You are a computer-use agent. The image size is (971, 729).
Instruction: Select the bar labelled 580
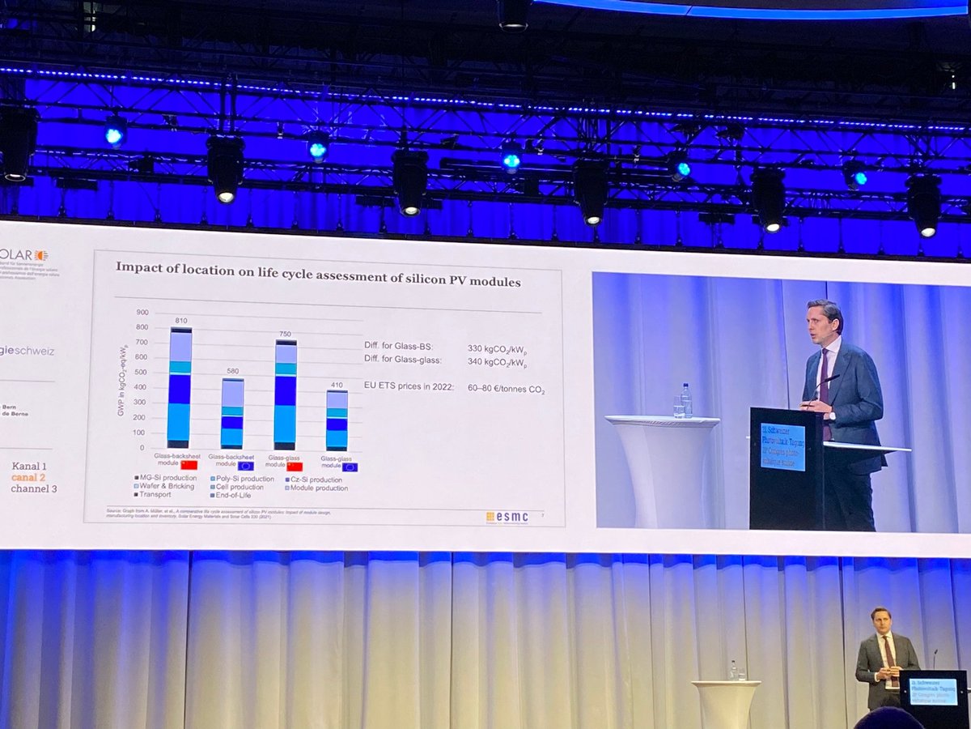pyautogui.click(x=232, y=413)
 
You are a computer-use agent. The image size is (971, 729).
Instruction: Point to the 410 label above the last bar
pyautogui.click(x=337, y=385)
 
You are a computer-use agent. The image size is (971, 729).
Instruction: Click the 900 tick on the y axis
pyautogui.click(x=142, y=313)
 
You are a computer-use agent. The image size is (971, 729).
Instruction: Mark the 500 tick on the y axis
pyautogui.click(x=142, y=373)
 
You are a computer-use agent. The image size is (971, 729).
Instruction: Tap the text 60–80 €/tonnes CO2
pyautogui.click(x=506, y=390)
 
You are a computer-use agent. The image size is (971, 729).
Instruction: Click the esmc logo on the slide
pyautogui.click(x=507, y=516)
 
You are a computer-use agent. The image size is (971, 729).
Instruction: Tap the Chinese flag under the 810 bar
pyautogui.click(x=189, y=465)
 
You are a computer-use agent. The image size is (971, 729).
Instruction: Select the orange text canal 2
pyautogui.click(x=35, y=477)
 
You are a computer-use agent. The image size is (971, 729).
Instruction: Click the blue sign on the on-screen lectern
pyautogui.click(x=782, y=446)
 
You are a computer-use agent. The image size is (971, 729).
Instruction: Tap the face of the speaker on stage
pyautogui.click(x=880, y=620)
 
